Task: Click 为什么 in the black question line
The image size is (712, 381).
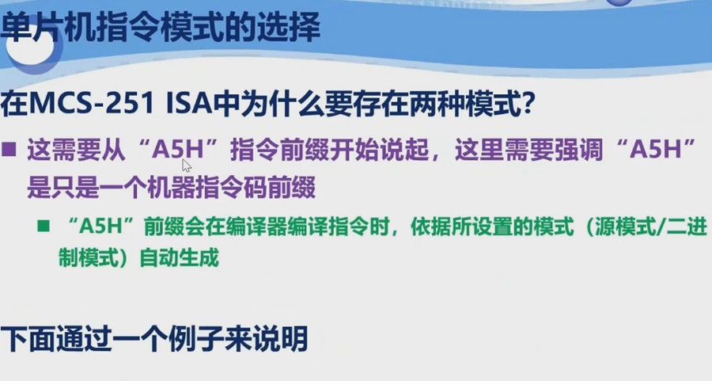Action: [279, 103]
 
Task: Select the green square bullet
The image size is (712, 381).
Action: [44, 225]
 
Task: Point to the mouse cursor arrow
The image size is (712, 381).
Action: [186, 165]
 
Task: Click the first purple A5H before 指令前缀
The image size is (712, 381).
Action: [176, 150]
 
